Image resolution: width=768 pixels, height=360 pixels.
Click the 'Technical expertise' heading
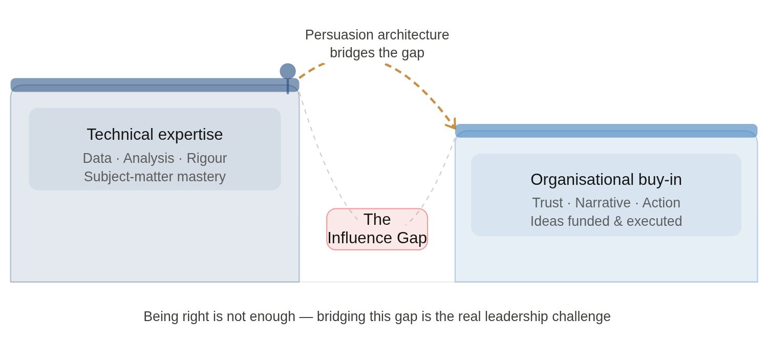(x=155, y=134)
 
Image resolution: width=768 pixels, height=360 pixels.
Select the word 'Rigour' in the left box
(x=206, y=158)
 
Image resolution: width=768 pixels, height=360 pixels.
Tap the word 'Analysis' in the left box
(x=148, y=158)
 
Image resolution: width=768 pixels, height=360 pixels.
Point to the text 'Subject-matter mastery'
(x=155, y=177)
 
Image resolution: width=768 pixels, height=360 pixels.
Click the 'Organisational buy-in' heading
(x=606, y=179)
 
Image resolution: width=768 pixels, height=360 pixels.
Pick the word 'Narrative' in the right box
(x=603, y=203)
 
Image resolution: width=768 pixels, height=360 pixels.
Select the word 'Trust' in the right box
(x=547, y=203)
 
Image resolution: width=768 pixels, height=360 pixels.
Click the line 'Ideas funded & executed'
(x=606, y=221)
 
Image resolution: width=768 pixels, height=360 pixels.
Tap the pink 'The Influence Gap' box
(x=377, y=229)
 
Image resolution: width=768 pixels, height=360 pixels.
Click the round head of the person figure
(x=288, y=71)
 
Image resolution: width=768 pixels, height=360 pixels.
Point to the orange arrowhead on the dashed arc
(x=452, y=124)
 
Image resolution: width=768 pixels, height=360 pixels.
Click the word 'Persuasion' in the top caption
(x=339, y=35)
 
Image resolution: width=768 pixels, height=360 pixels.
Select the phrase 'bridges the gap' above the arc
(x=377, y=53)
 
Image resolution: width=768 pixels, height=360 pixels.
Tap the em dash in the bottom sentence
(x=306, y=316)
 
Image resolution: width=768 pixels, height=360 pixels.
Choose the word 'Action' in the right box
(x=661, y=203)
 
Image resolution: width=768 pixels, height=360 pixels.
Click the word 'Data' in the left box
(x=97, y=158)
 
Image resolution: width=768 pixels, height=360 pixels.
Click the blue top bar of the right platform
(x=606, y=130)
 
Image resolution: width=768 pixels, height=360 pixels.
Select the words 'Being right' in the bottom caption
(x=176, y=316)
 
